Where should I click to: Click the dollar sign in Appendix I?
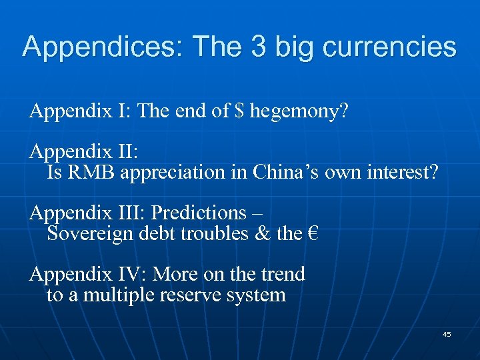239,111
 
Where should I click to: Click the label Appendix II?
84,151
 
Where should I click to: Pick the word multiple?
116,295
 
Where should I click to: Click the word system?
255,295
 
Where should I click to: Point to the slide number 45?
447,334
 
